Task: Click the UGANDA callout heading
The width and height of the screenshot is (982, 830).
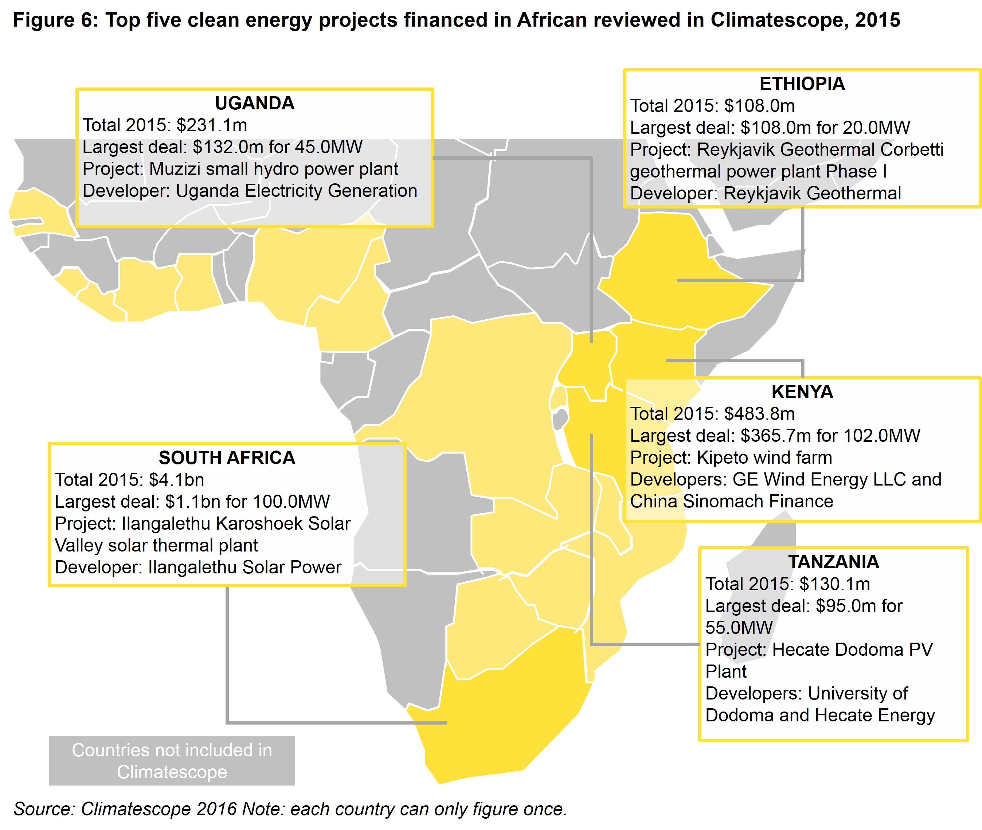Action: [254, 103]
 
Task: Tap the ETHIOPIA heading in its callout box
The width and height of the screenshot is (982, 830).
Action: [802, 84]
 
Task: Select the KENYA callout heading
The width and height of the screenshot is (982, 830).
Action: [802, 391]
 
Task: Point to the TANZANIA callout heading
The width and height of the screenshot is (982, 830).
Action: [833, 562]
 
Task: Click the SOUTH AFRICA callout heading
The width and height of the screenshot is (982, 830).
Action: [227, 457]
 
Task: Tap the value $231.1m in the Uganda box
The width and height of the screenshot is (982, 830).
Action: [212, 125]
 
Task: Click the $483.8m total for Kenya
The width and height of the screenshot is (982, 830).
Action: [759, 414]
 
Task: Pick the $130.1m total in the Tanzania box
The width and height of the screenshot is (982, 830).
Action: [834, 584]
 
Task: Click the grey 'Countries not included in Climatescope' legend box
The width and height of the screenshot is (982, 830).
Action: [172, 761]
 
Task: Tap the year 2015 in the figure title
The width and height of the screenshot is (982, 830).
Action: [877, 20]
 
